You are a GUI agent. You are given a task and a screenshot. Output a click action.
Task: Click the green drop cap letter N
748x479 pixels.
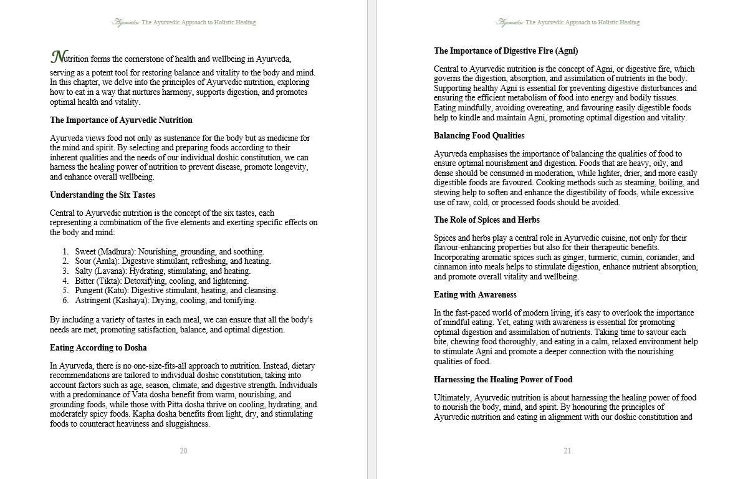[x=57, y=57]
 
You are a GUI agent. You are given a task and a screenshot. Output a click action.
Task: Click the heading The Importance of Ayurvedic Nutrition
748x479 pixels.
[x=121, y=120]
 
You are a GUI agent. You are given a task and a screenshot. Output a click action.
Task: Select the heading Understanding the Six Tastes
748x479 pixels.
[x=102, y=195]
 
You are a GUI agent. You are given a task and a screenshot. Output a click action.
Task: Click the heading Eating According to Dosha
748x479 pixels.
[x=98, y=348]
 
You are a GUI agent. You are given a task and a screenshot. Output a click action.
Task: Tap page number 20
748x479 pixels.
[x=183, y=451]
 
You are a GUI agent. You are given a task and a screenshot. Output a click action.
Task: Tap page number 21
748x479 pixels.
[x=567, y=451]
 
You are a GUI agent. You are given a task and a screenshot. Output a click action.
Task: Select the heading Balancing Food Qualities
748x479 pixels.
[x=479, y=136]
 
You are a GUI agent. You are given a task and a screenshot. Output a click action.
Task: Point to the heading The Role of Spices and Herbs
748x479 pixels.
[x=486, y=220]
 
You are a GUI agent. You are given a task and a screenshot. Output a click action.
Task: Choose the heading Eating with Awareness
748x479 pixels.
[x=475, y=295]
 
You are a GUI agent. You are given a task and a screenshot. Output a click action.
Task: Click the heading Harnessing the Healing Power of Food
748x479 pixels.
[x=503, y=380]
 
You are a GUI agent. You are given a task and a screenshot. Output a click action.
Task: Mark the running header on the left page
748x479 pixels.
[x=184, y=22]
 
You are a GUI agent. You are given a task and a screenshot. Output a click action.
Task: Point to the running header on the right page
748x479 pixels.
[x=568, y=22]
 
